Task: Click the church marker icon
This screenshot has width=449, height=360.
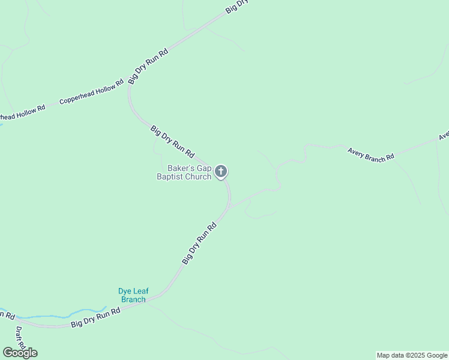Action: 221,172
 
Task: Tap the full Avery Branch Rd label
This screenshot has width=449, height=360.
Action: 371,154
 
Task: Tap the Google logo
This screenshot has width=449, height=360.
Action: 19,353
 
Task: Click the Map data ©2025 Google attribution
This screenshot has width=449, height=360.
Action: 412,355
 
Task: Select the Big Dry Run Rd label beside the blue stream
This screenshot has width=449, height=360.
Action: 96,317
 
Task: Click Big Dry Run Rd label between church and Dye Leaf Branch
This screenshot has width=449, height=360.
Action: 199,244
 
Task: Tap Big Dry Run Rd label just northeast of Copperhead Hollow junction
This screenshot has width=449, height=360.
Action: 148,65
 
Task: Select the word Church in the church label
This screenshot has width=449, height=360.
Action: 197,176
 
